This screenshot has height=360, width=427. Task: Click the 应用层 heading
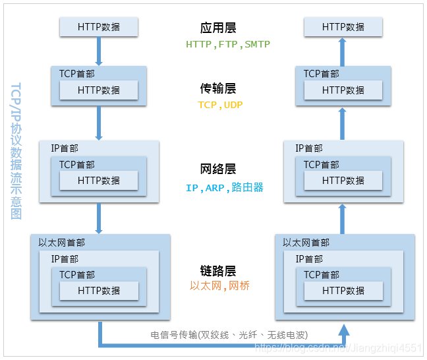[218, 28]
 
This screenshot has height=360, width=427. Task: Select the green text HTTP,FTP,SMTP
[228, 45]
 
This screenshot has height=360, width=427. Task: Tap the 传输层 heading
[218, 88]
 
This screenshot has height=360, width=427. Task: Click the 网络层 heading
[218, 169]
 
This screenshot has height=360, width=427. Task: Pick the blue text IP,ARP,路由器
[225, 188]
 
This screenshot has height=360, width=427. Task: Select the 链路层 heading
[218, 271]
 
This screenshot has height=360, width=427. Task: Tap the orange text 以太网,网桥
[219, 286]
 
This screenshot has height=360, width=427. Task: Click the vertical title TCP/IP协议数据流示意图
[16, 152]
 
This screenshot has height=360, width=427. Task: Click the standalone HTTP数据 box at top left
[99, 27]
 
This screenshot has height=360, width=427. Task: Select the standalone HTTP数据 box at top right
[343, 27]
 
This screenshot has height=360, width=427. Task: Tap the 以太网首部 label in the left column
[61, 243]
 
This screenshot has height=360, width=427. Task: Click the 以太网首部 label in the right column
[306, 243]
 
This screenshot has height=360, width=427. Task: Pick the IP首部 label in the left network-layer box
[65, 148]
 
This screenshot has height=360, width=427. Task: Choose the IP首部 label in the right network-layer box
[309, 148]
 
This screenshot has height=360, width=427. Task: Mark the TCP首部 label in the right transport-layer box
[321, 74]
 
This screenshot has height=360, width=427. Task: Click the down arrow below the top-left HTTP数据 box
[99, 50]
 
